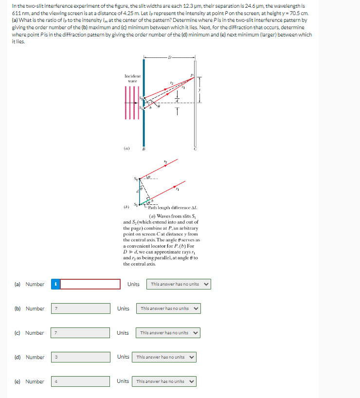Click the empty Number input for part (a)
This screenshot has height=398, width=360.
pos(90,284)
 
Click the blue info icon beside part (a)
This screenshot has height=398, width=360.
pos(55,284)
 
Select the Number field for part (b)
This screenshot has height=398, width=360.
pos(81,308)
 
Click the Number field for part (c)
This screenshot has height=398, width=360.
pos(81,333)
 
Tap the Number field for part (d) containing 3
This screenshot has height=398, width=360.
pos(81,357)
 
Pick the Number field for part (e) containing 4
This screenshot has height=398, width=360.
pos(81,381)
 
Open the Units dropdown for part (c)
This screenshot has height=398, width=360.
pos(168,333)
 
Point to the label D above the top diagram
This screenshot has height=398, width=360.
pos(169,58)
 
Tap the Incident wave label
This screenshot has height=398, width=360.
pos(133,78)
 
